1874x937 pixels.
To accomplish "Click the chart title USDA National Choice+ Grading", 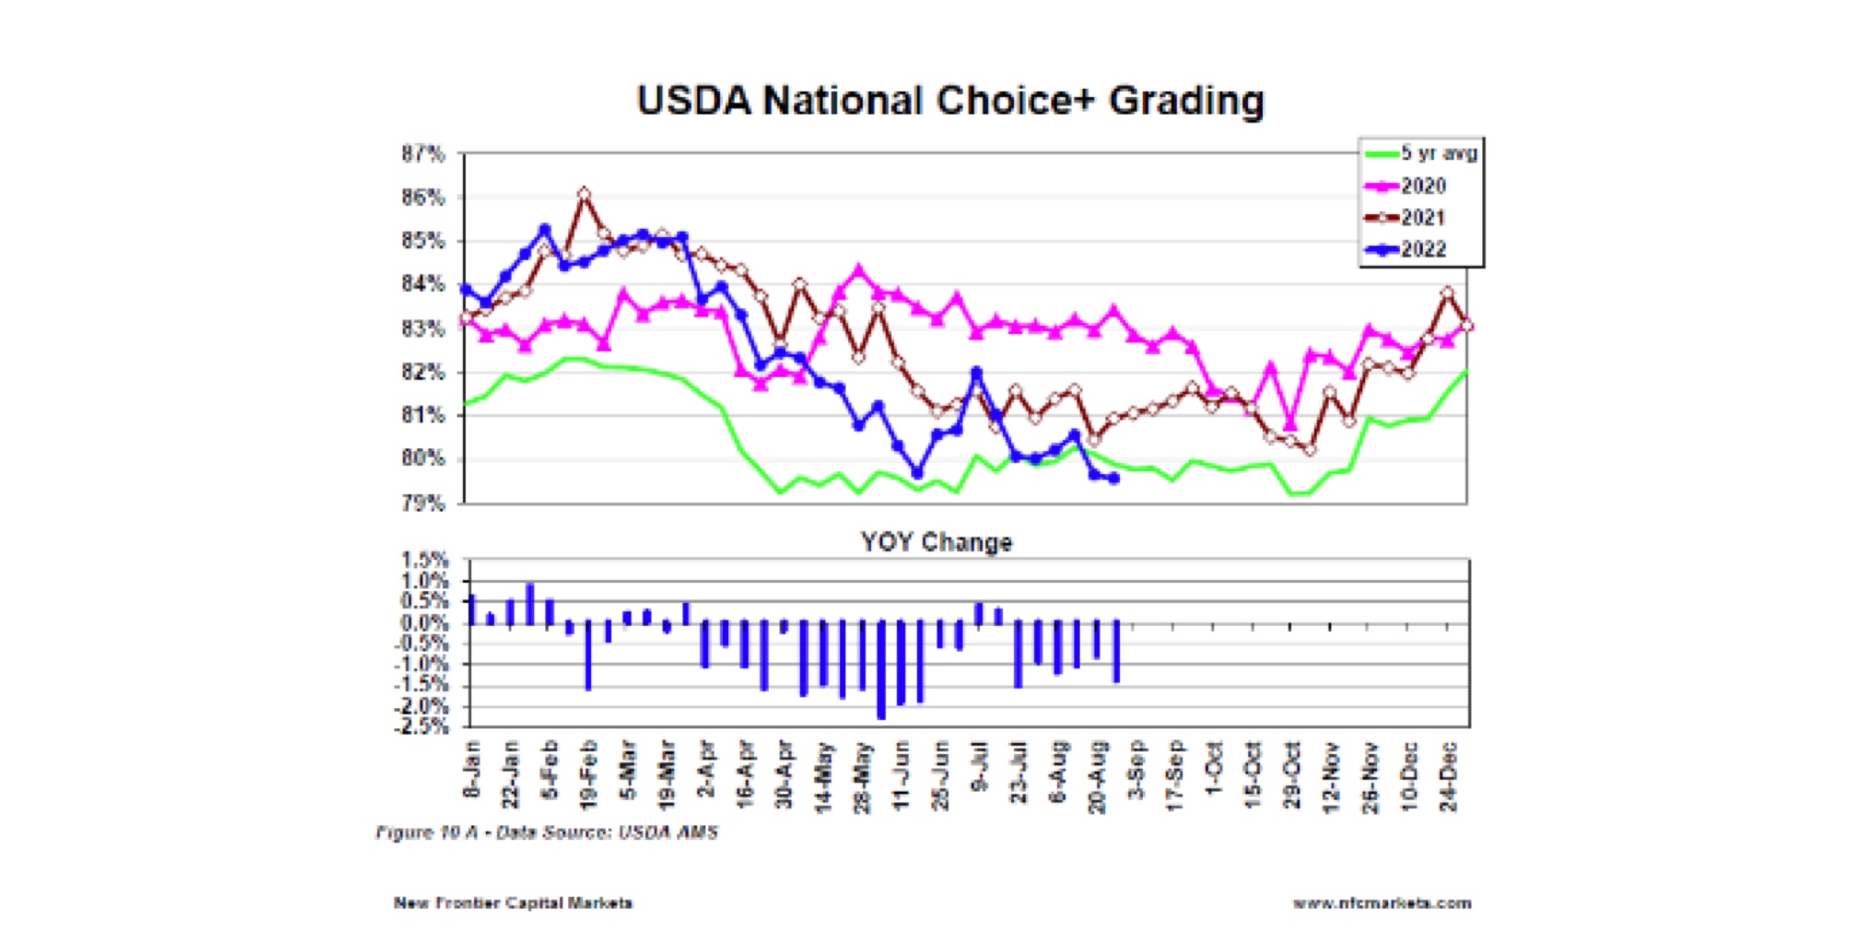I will coord(950,101).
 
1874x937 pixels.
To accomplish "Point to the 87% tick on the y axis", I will coord(423,154).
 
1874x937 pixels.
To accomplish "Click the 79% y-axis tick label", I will coord(423,503).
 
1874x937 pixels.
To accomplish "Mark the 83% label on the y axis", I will coord(423,328).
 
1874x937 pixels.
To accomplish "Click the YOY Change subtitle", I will coord(936,543).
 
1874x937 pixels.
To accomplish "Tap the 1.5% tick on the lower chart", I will coord(425,560).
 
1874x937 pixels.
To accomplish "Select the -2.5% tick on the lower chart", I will coord(422,727).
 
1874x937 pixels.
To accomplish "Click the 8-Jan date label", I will coord(472,770).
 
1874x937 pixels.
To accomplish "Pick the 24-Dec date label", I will coord(1449,776).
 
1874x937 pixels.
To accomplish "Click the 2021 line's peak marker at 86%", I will coord(585,194).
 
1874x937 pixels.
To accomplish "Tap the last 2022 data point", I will coord(1114,478).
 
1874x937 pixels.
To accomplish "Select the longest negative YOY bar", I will coord(881,670).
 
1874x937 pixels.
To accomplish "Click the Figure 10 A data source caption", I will coord(546,833).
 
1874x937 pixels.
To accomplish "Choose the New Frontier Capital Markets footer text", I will coord(512,903).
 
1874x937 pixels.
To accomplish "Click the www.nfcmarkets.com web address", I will coord(1382,903).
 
